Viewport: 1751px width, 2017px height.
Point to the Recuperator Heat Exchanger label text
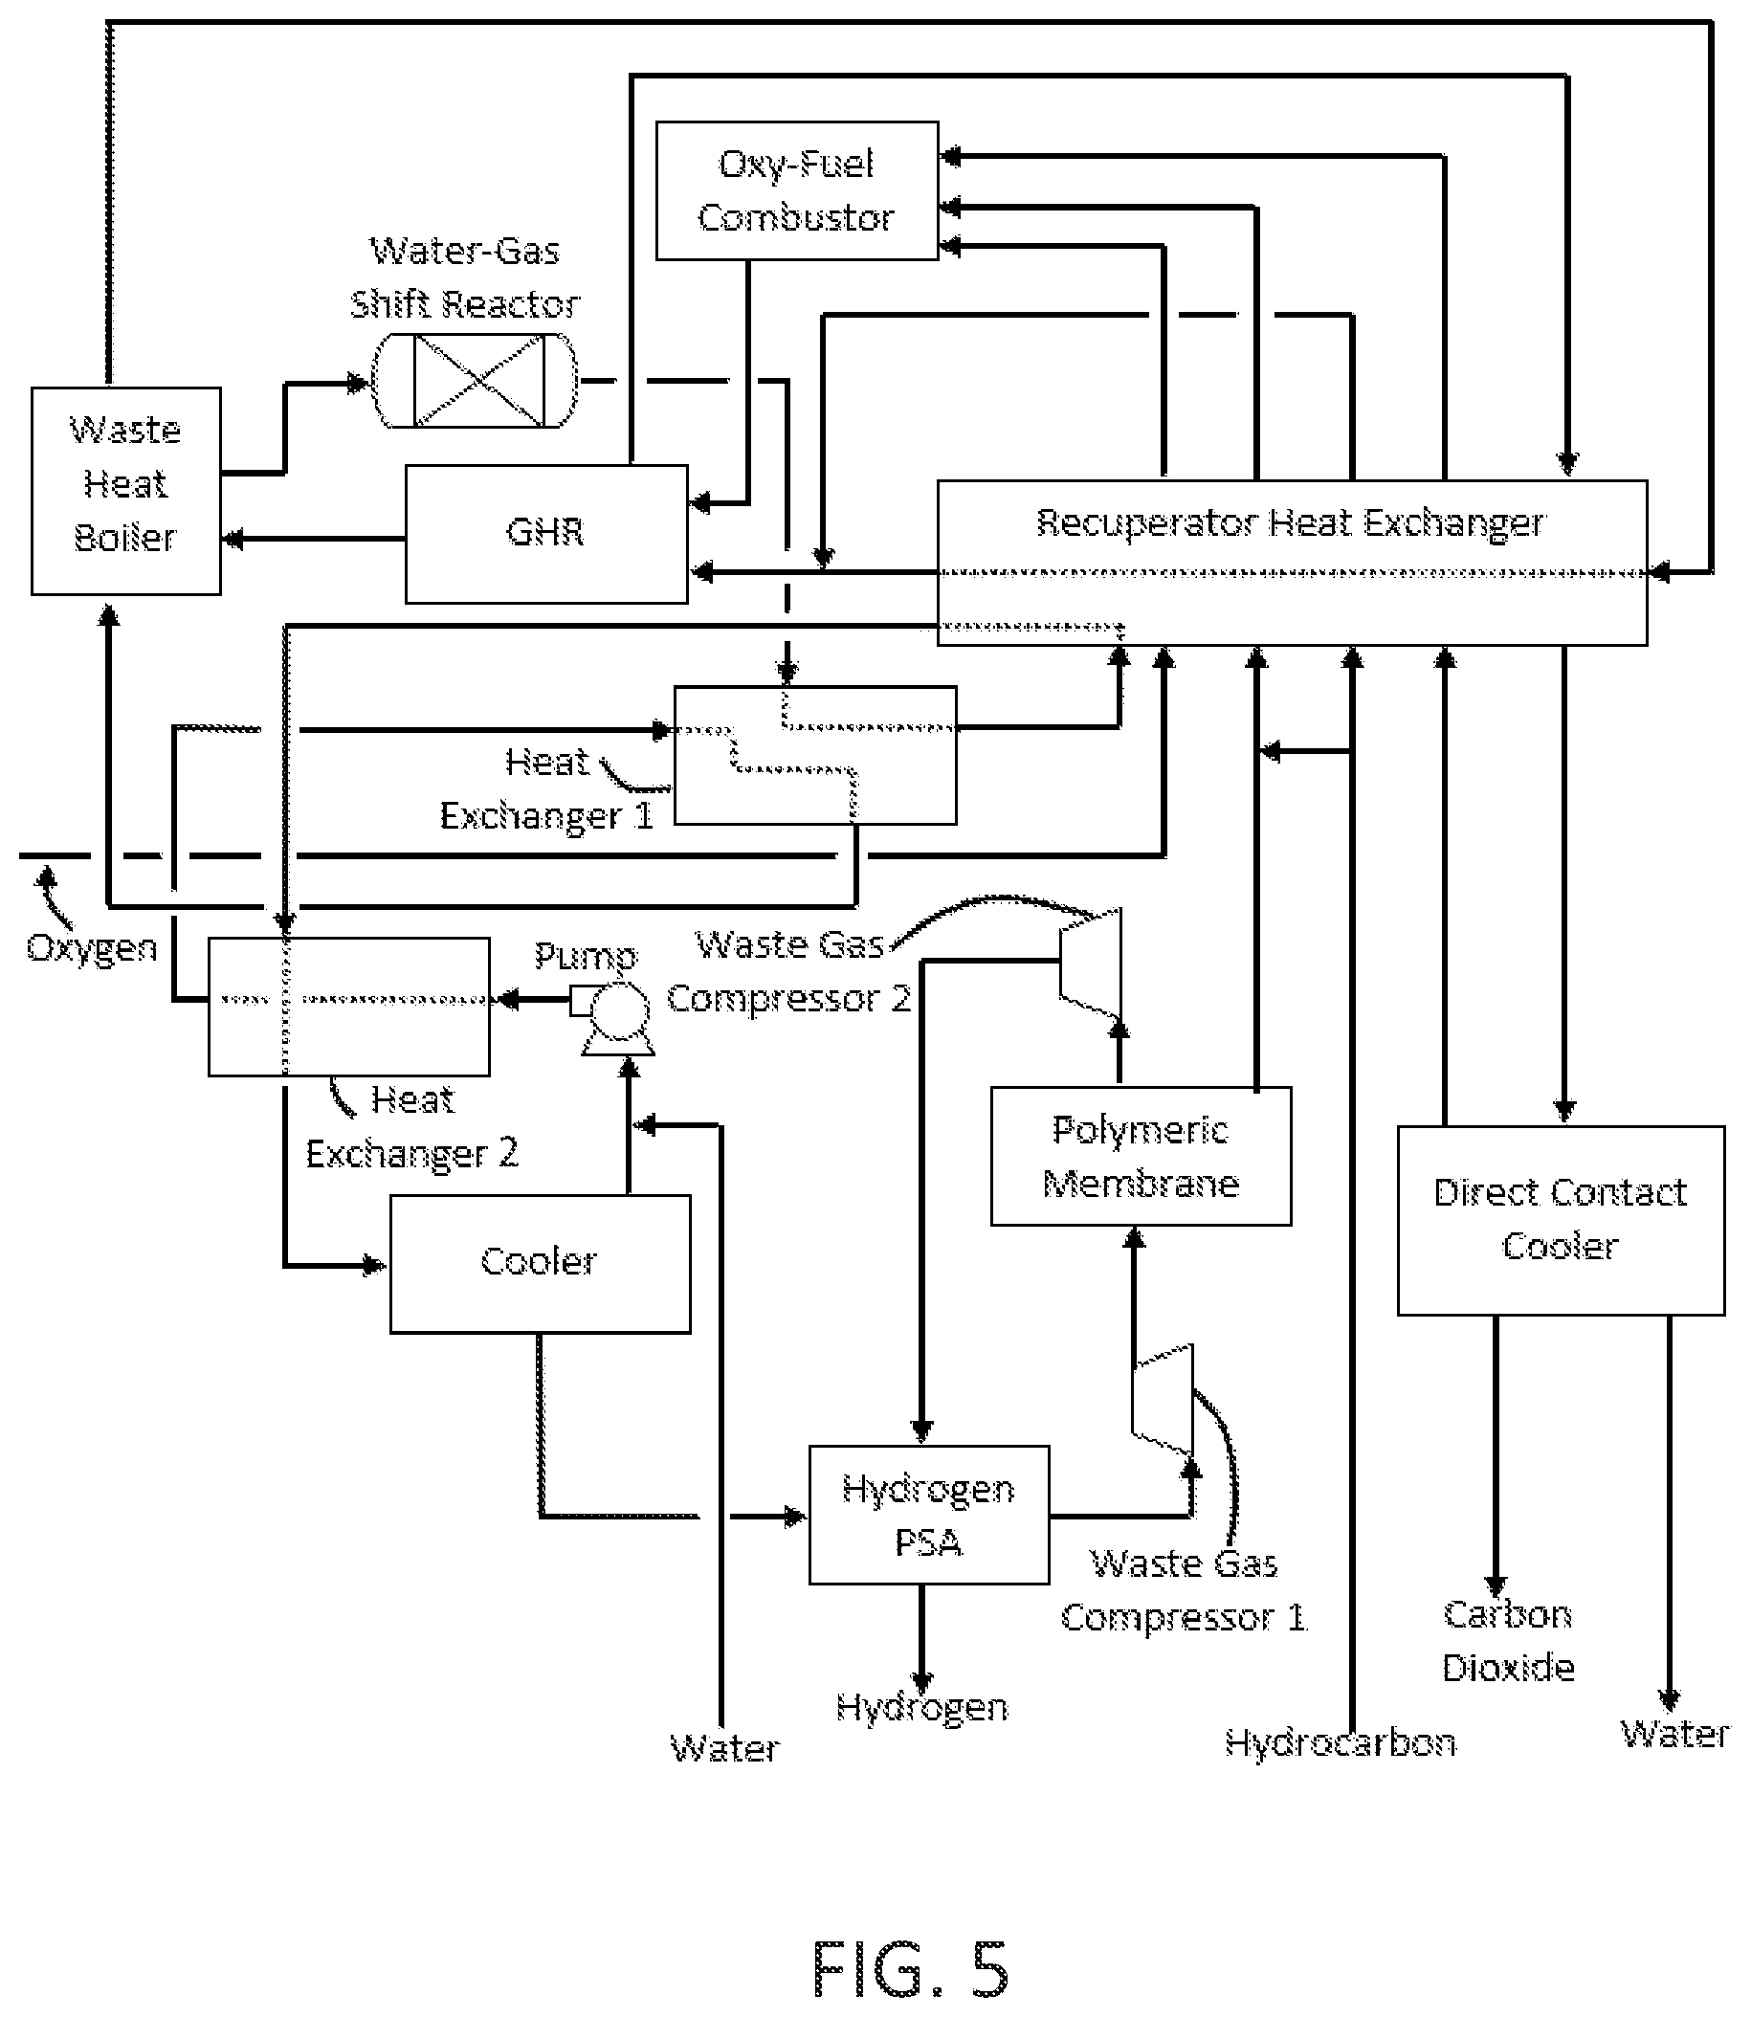[1290, 523]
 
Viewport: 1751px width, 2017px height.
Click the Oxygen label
[92, 948]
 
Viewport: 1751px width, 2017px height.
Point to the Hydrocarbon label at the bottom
[1341, 1741]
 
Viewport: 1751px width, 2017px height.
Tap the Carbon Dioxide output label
[1508, 1641]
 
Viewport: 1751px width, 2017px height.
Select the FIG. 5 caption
[910, 1969]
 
